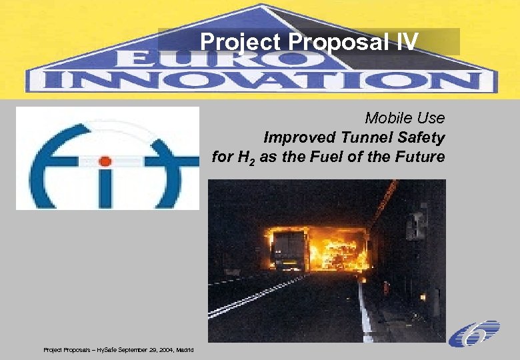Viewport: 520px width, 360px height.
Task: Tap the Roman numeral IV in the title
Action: [x=406, y=42]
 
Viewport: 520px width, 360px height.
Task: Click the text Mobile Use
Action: [x=405, y=118]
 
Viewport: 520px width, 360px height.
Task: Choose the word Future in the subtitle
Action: [x=421, y=157]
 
